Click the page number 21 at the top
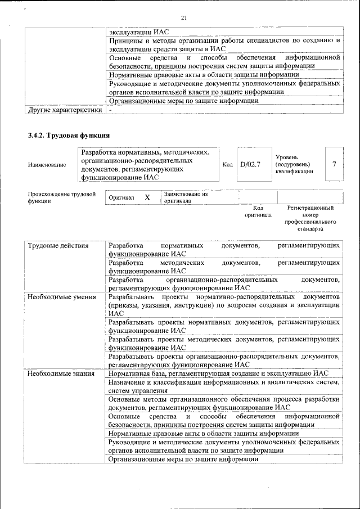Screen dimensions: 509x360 pos(183,18)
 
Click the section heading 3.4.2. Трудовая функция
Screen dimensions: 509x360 pos(69,136)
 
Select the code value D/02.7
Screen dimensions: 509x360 pos(250,164)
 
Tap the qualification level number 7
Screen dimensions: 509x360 pos(335,164)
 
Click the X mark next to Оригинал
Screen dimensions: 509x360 pos(147,198)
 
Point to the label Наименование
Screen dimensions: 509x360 pos(46,165)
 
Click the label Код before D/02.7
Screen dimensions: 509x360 pos(227,164)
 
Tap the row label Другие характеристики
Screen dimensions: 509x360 pos(65,110)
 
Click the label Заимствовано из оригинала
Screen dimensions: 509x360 pos(186,197)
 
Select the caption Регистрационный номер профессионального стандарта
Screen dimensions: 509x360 pos(310,219)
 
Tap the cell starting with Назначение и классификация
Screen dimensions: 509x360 pos(224,386)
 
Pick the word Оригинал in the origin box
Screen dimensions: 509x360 pos(121,198)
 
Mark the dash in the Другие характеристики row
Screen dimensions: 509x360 pos(111,110)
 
